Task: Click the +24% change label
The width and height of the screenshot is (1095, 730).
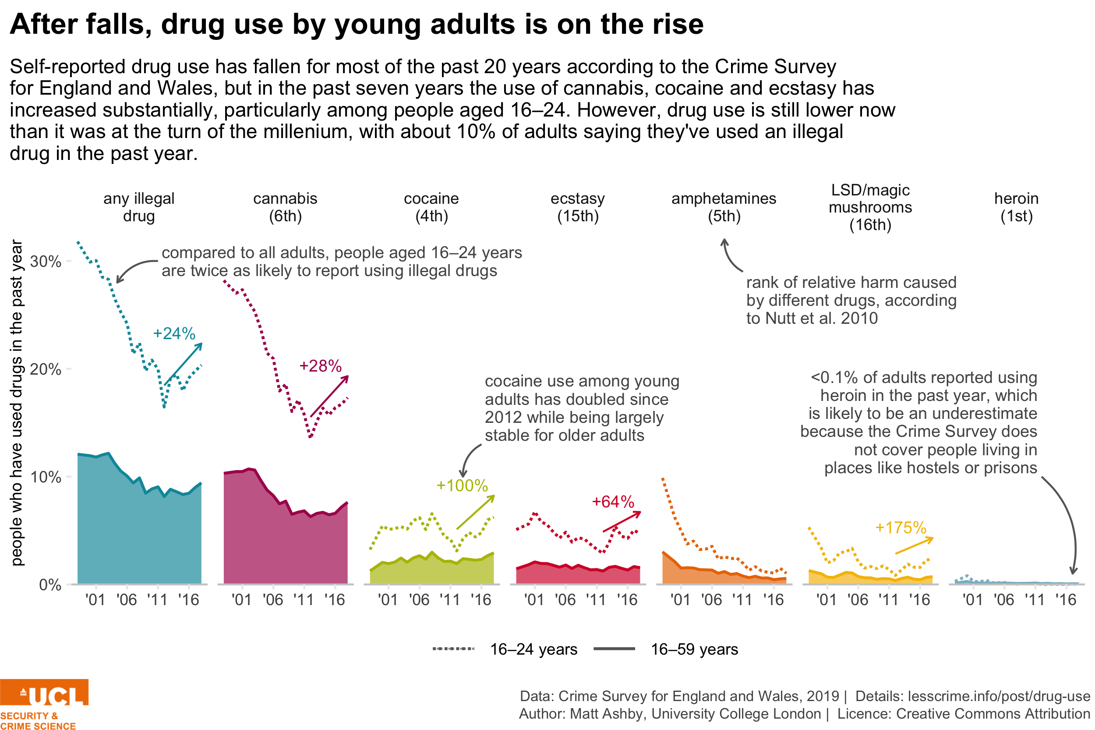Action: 173,333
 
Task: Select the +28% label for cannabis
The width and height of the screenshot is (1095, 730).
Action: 320,365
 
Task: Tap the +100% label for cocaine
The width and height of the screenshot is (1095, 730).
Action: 461,485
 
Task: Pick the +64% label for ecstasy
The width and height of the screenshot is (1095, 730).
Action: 612,501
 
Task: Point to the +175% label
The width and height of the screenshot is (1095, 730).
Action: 900,527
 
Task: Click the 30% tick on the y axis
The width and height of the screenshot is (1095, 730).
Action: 46,261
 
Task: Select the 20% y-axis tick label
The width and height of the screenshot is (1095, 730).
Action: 46,369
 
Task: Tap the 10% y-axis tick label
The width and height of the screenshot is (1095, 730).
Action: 46,477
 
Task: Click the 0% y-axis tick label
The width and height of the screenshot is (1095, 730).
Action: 50,585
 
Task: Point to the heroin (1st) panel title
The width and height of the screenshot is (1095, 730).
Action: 1016,207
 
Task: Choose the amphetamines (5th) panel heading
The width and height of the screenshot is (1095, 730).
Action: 724,207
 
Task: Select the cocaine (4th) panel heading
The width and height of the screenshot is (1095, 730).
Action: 431,207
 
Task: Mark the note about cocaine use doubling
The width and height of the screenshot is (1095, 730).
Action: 585,404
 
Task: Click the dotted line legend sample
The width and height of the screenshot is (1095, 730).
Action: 453,648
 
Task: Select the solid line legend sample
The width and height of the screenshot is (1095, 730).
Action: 614,648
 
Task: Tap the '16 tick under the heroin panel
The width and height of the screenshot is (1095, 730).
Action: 1066,599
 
